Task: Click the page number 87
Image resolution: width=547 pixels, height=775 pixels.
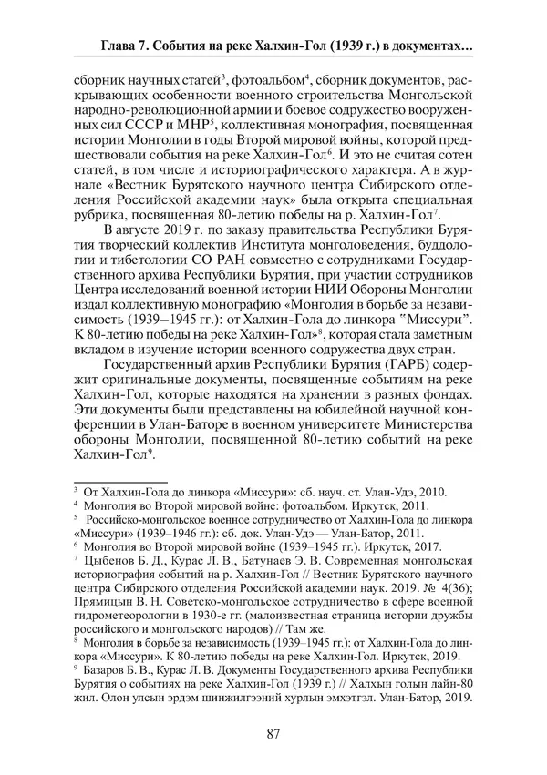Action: tap(273, 734)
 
